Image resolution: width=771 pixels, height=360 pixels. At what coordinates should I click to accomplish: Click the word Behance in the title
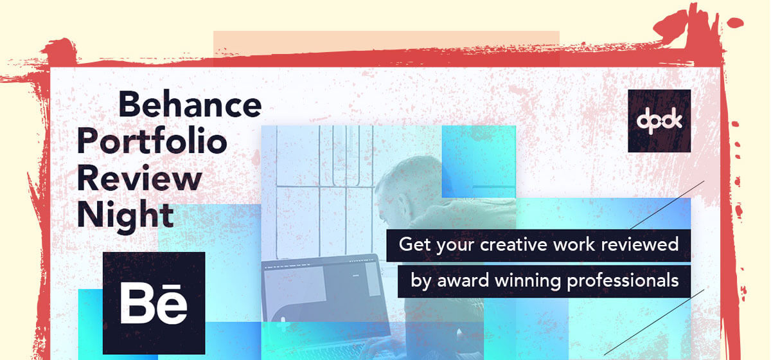(190, 104)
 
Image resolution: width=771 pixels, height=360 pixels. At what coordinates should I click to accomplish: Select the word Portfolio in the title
(152, 142)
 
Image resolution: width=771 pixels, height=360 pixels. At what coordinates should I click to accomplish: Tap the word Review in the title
(139, 178)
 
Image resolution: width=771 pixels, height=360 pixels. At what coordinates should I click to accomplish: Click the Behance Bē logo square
(154, 303)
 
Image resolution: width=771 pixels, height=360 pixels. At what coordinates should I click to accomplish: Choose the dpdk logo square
(659, 121)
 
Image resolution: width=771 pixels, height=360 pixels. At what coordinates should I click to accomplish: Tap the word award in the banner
(463, 280)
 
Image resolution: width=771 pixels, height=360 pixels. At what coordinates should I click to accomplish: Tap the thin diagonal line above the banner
(667, 205)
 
